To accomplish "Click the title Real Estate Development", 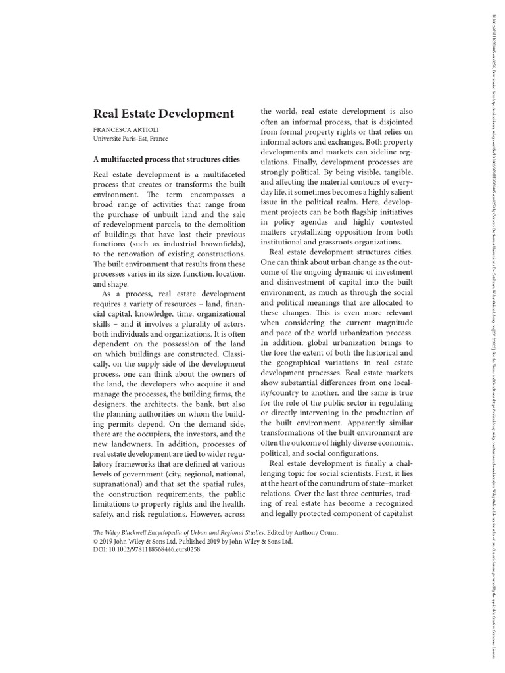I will click(x=164, y=114).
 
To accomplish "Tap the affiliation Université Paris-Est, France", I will click(x=130, y=139).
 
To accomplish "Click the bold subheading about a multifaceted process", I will click(x=166, y=159).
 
